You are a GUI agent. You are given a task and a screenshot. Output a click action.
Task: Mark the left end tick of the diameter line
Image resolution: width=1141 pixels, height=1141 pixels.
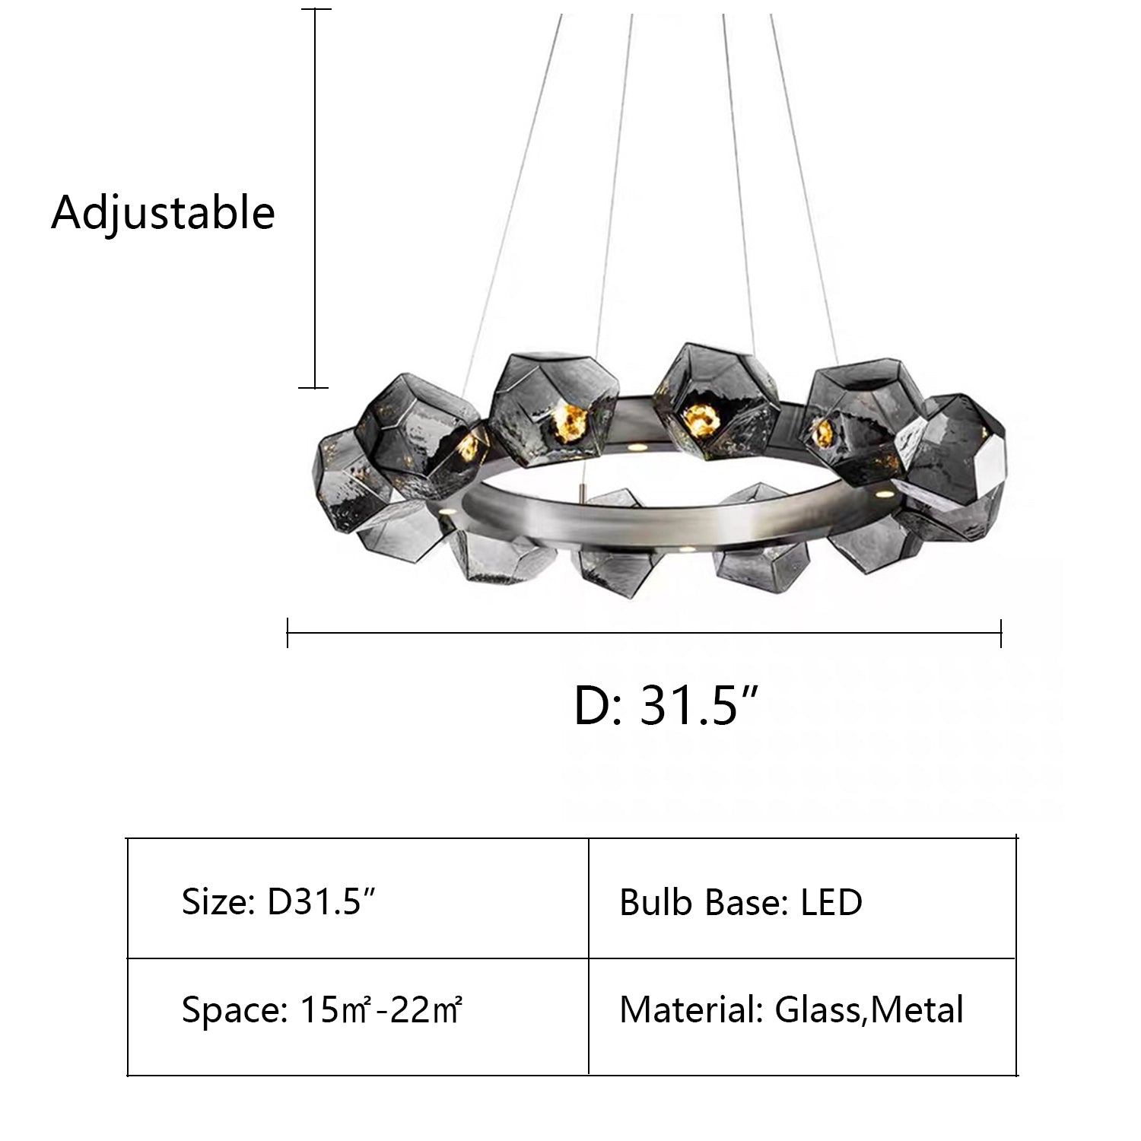coord(288,632)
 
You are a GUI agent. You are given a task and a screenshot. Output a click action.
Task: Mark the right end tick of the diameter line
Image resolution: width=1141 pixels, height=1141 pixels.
coord(1001,632)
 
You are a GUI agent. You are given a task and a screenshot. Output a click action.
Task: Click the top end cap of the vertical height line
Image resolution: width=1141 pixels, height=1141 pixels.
coord(316,10)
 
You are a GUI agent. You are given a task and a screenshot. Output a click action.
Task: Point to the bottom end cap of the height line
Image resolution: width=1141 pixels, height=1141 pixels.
coord(316,388)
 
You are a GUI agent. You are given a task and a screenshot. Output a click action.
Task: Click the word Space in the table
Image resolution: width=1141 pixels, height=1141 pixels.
coord(228,1011)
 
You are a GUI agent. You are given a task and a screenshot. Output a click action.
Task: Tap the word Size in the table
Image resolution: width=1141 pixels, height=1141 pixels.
coord(214,902)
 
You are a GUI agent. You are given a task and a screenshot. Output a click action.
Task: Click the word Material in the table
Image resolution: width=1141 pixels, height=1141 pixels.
coord(689,1011)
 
